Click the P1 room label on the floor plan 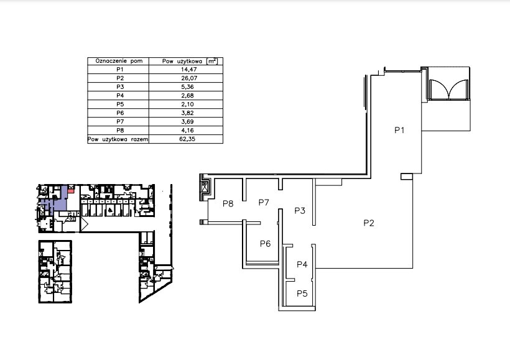(399, 130)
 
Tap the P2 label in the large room (369, 223)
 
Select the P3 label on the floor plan (300, 210)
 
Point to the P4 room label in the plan (302, 264)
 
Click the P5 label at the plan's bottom (302, 293)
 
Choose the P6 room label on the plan (266, 244)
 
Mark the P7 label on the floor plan (264, 202)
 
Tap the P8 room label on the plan (228, 203)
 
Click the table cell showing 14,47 (189, 69)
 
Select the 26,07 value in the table (189, 78)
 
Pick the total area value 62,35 (187, 139)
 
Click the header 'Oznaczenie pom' (119, 61)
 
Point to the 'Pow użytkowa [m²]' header (190, 61)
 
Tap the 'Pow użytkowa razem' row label (118, 139)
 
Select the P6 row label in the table (120, 113)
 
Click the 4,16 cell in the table (188, 131)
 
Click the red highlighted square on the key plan (71, 190)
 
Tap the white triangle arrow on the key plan (84, 224)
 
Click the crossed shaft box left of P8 (205, 187)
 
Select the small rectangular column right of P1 (407, 176)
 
